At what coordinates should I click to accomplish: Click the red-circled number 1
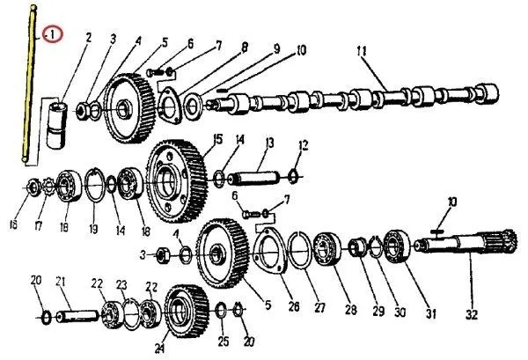[x=53, y=34]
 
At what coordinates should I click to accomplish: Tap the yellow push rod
[x=29, y=84]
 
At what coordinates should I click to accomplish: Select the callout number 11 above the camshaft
[x=362, y=51]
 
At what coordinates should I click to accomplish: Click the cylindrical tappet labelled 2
[x=56, y=125]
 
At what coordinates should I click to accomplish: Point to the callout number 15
[x=218, y=139]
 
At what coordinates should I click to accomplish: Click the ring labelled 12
[x=293, y=177]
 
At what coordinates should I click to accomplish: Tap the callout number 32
[x=472, y=315]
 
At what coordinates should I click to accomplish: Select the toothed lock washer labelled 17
[x=48, y=187]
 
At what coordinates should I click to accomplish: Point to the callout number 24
[x=159, y=349]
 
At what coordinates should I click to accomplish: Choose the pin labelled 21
[x=77, y=316]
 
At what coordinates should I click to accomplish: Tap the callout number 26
[x=294, y=307]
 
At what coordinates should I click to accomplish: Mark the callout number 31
[x=431, y=314]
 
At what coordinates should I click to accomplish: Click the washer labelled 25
[x=221, y=311]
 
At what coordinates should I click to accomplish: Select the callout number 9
[x=276, y=49]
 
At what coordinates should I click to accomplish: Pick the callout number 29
[x=378, y=312]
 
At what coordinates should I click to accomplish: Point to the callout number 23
[x=121, y=285]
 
